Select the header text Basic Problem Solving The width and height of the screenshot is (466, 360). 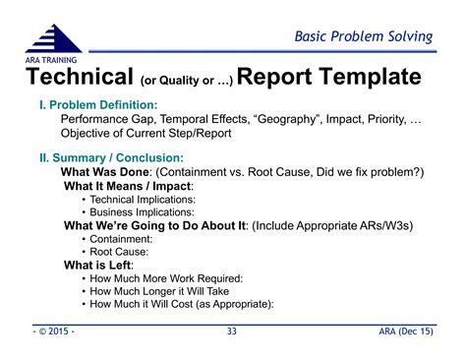[364, 37]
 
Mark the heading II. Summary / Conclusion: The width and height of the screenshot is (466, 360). [109, 156]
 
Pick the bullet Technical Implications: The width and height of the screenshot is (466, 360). [142, 199]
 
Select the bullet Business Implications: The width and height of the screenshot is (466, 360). [142, 211]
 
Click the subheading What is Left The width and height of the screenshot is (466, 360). [98, 266]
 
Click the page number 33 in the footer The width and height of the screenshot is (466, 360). [232, 332]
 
